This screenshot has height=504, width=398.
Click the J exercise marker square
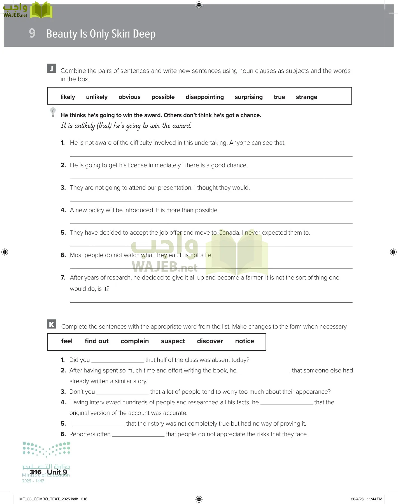pyautogui.click(x=51, y=69)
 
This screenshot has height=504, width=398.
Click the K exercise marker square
pyautogui.click(x=52, y=324)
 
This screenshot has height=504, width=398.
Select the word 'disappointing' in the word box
pyautogui.click(x=204, y=97)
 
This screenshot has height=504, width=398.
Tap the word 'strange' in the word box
pyautogui.click(x=306, y=97)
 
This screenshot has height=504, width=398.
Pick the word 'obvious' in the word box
pyautogui.click(x=129, y=97)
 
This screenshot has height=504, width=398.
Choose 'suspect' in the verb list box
pyautogui.click(x=173, y=341)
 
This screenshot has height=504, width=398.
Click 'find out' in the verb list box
pyautogui.click(x=97, y=341)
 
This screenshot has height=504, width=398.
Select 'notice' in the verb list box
pyautogui.click(x=245, y=341)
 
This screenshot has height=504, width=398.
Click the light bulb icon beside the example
pyautogui.click(x=53, y=112)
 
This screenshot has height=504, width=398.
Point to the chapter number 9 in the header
pyautogui.click(x=32, y=33)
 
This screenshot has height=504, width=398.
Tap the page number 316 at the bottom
pyautogui.click(x=36, y=472)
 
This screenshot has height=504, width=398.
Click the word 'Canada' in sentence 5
pyautogui.click(x=229, y=233)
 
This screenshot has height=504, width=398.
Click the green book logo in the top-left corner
pyautogui.click(x=41, y=10)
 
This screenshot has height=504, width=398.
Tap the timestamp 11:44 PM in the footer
pyautogui.click(x=374, y=499)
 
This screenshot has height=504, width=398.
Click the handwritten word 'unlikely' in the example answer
pyautogui.click(x=85, y=126)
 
